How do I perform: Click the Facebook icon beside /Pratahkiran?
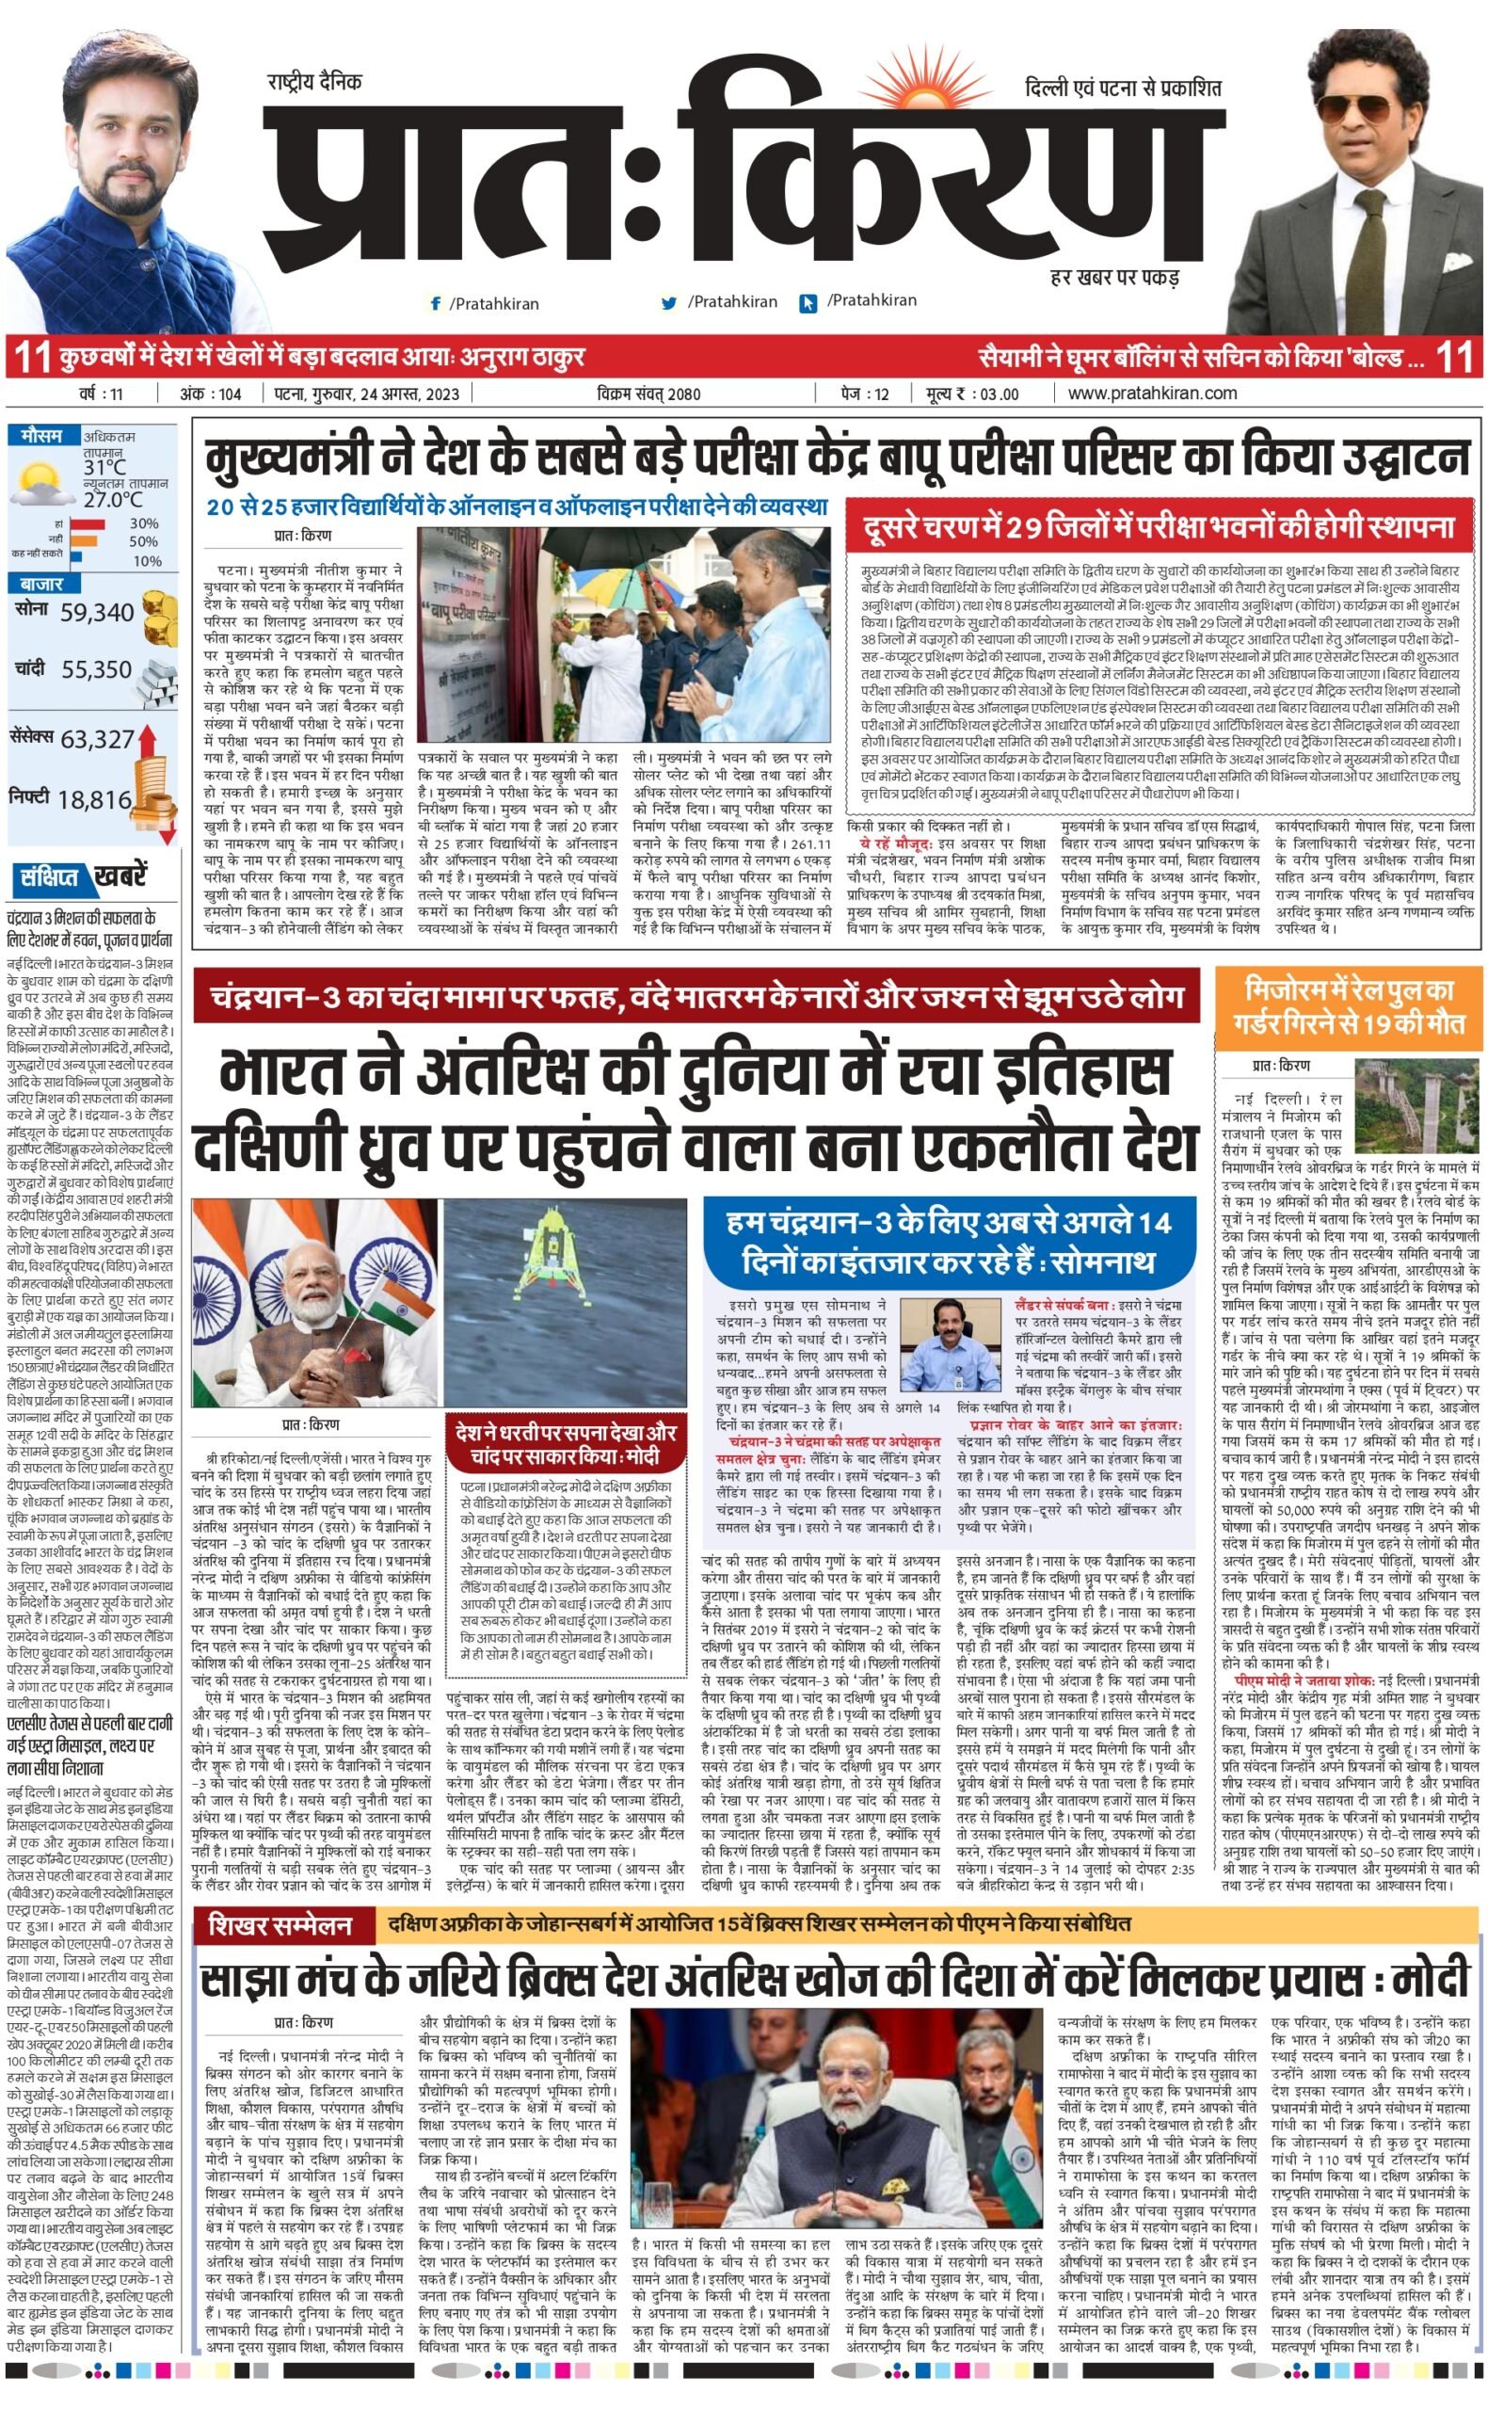435,304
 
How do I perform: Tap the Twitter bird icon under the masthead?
669,303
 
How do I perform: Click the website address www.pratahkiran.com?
1152,394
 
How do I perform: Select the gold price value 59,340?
96,613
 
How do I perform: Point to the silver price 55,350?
96,670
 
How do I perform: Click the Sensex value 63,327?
98,739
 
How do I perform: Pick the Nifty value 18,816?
94,799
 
